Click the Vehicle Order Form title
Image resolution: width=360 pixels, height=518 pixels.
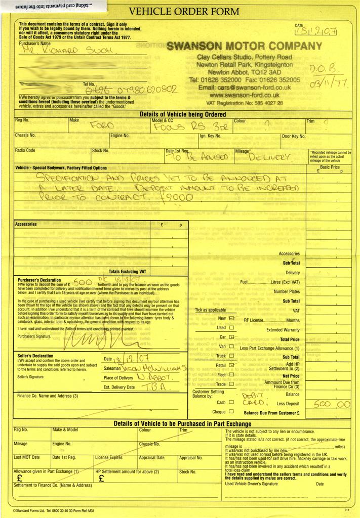(x=184, y=11)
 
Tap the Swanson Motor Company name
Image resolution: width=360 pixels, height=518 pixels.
(x=244, y=46)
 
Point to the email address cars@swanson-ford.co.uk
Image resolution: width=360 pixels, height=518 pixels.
(x=244, y=88)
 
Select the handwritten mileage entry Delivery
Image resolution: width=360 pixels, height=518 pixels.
(x=269, y=157)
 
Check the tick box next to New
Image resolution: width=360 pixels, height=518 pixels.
(x=231, y=319)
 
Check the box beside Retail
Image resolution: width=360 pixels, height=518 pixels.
(x=231, y=365)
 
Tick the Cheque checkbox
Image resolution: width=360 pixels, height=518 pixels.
(x=231, y=411)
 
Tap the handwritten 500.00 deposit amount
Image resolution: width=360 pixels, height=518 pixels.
(x=331, y=404)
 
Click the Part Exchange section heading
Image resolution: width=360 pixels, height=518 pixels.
(x=182, y=423)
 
